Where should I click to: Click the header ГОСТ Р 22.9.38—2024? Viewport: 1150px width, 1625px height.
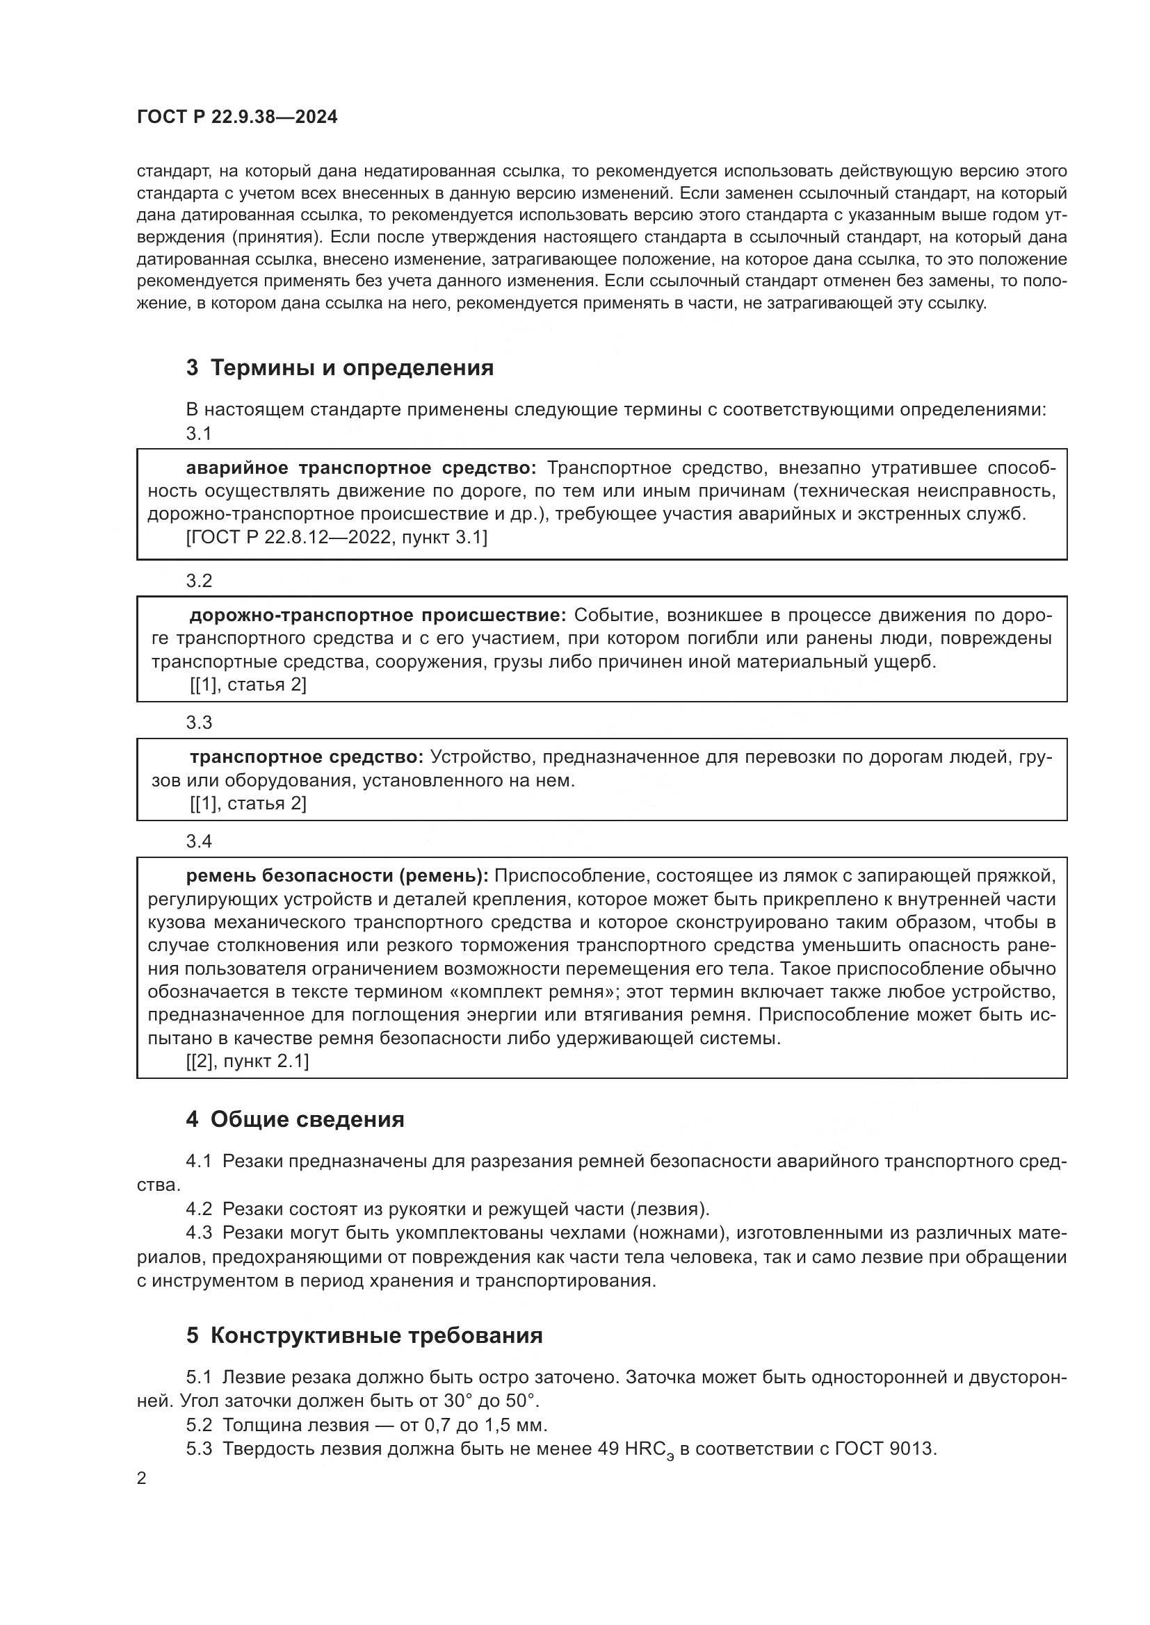[237, 117]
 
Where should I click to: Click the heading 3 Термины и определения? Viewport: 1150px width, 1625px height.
[340, 368]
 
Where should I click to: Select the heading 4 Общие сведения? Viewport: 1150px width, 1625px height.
[295, 1119]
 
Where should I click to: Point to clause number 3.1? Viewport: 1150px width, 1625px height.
[199, 434]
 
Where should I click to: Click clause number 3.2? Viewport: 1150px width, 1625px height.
[199, 581]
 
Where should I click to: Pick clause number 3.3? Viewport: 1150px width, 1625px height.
[199, 723]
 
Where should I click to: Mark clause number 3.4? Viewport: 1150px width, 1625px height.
[199, 841]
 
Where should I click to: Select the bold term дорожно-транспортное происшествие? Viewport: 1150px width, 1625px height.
[378, 616]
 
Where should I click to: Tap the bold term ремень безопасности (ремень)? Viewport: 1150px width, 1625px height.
[337, 876]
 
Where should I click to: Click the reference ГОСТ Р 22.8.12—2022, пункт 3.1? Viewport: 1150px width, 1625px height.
[337, 538]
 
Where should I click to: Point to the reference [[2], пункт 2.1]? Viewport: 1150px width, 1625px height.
[248, 1062]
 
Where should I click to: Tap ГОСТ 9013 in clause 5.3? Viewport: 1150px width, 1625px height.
[884, 1449]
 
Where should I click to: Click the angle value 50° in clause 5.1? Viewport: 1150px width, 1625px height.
[522, 1401]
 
